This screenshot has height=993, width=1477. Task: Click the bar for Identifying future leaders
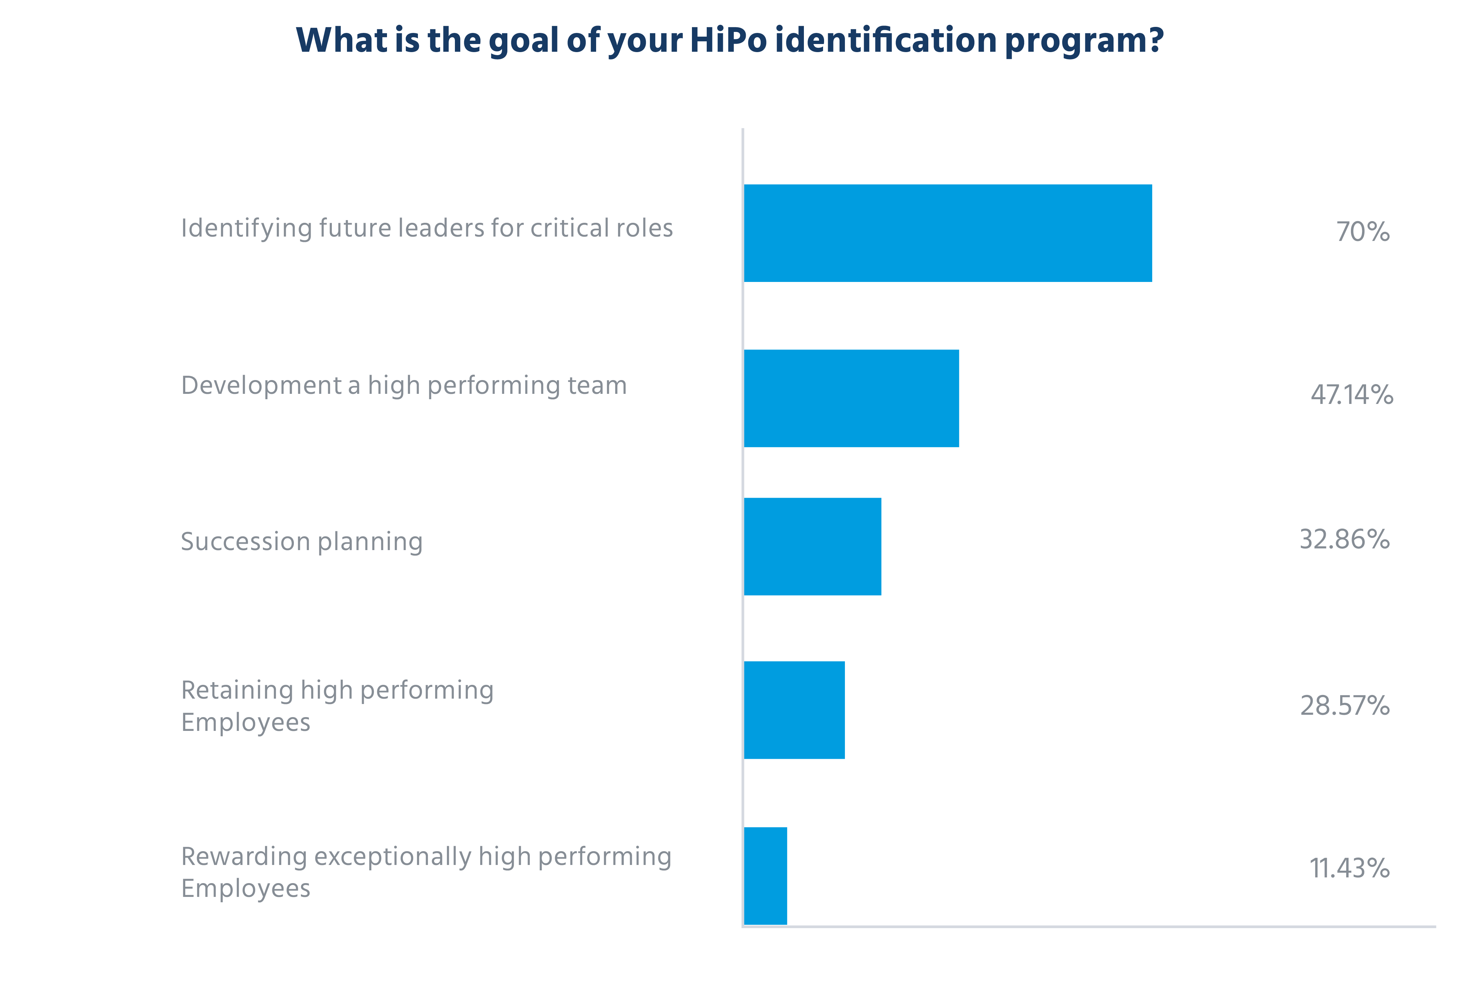tap(947, 233)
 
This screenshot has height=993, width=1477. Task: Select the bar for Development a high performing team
tap(851, 398)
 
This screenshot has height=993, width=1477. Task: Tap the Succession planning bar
tap(812, 546)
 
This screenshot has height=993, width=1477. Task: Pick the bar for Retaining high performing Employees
tap(794, 710)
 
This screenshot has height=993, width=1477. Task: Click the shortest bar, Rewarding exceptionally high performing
tap(766, 876)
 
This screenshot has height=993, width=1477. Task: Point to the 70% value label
tap(1362, 232)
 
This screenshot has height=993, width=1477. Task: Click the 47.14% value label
tap(1352, 395)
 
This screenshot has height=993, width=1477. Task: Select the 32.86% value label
tap(1345, 540)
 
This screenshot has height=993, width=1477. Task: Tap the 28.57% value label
tap(1345, 705)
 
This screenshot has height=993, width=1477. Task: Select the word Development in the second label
tap(261, 386)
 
